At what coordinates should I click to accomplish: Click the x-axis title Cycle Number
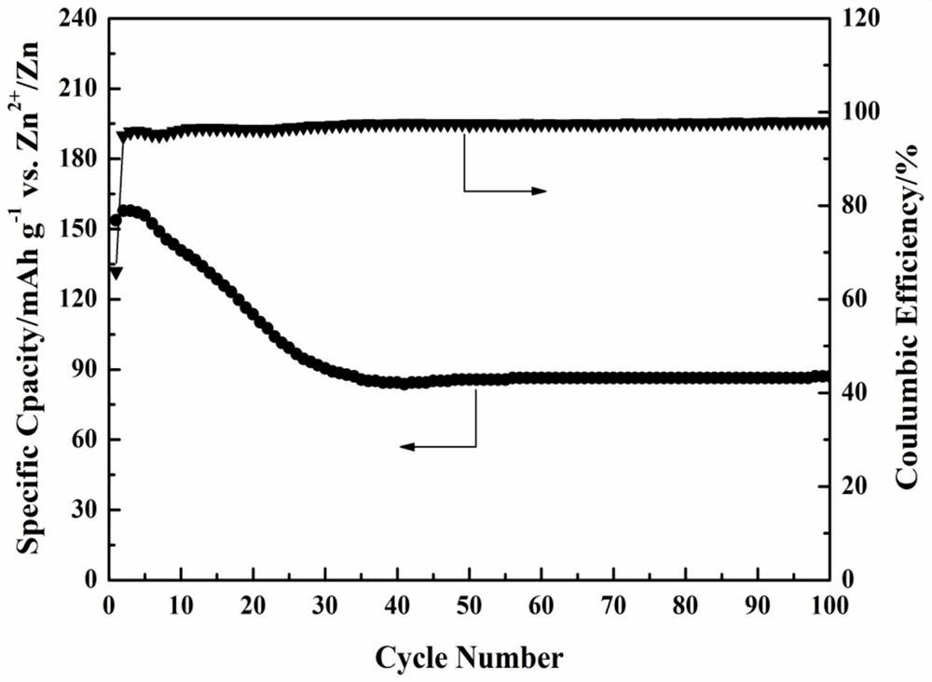469,659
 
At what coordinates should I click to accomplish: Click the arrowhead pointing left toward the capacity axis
408,447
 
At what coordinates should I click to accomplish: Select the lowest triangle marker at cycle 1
116,273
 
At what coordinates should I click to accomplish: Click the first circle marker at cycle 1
116,221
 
